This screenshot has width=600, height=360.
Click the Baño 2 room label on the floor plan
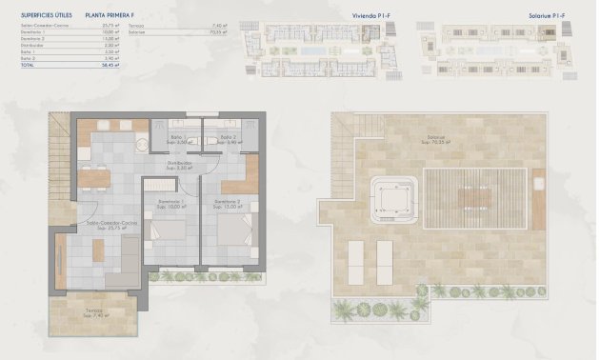point(229,139)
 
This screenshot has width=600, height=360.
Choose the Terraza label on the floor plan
point(92,310)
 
